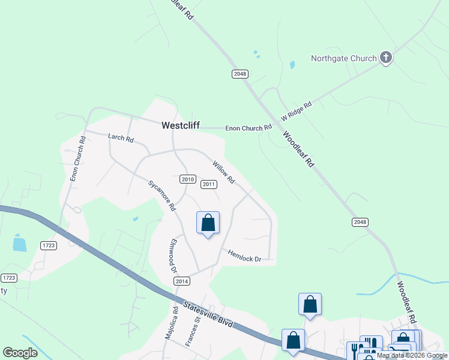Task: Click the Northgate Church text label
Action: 343,58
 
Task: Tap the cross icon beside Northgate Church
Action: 386,58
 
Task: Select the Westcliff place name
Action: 180,126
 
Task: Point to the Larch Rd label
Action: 121,137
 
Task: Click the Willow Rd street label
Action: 223,172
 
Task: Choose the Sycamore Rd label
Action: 162,195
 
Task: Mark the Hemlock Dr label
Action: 245,255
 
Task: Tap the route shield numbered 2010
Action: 188,179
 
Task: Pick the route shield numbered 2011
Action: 208,184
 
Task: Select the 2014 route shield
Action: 182,281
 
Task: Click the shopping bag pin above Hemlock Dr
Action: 208,223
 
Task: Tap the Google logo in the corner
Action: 20,353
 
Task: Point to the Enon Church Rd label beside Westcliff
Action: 249,128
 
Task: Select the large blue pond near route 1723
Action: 19,244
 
